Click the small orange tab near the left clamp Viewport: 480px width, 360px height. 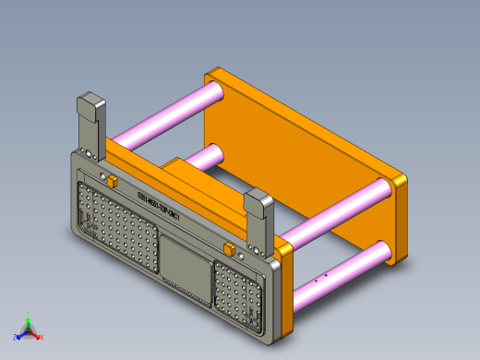pos(109,180)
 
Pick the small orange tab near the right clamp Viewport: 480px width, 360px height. pos(228,248)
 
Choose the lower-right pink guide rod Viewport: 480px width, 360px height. pos(342,270)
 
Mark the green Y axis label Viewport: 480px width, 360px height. pos(29,316)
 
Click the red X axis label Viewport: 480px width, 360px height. pos(42,337)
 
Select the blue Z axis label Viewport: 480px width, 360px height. pos(16,335)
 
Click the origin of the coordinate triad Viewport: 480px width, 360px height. pos(29,330)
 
